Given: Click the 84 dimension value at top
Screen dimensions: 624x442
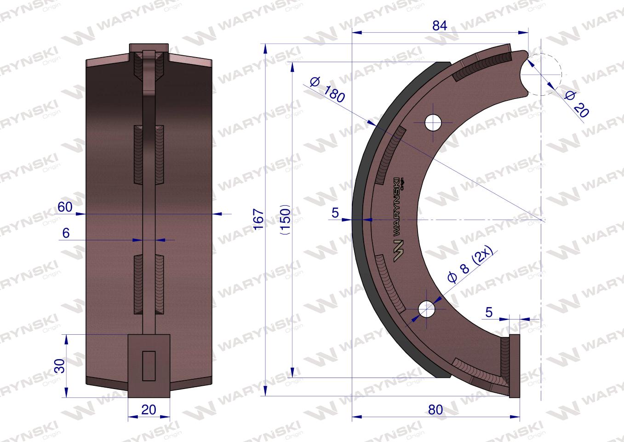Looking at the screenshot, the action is coord(440,26).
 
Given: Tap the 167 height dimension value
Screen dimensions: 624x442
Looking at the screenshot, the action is coord(258,220).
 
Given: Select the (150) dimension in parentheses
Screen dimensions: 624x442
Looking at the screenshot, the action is coord(285,220).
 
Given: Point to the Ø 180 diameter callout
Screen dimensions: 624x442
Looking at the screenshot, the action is coord(327,90).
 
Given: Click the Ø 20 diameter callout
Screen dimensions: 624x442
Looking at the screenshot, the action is coord(577,104).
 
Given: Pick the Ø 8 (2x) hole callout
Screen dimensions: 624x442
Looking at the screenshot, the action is coord(470,264).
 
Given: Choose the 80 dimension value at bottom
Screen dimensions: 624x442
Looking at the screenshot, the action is coord(435,410).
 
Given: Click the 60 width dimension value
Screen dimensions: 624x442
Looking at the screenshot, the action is coord(65,207).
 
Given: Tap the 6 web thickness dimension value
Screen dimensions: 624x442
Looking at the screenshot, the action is coord(66,233).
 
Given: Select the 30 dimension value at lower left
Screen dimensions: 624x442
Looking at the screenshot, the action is coord(60,366).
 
